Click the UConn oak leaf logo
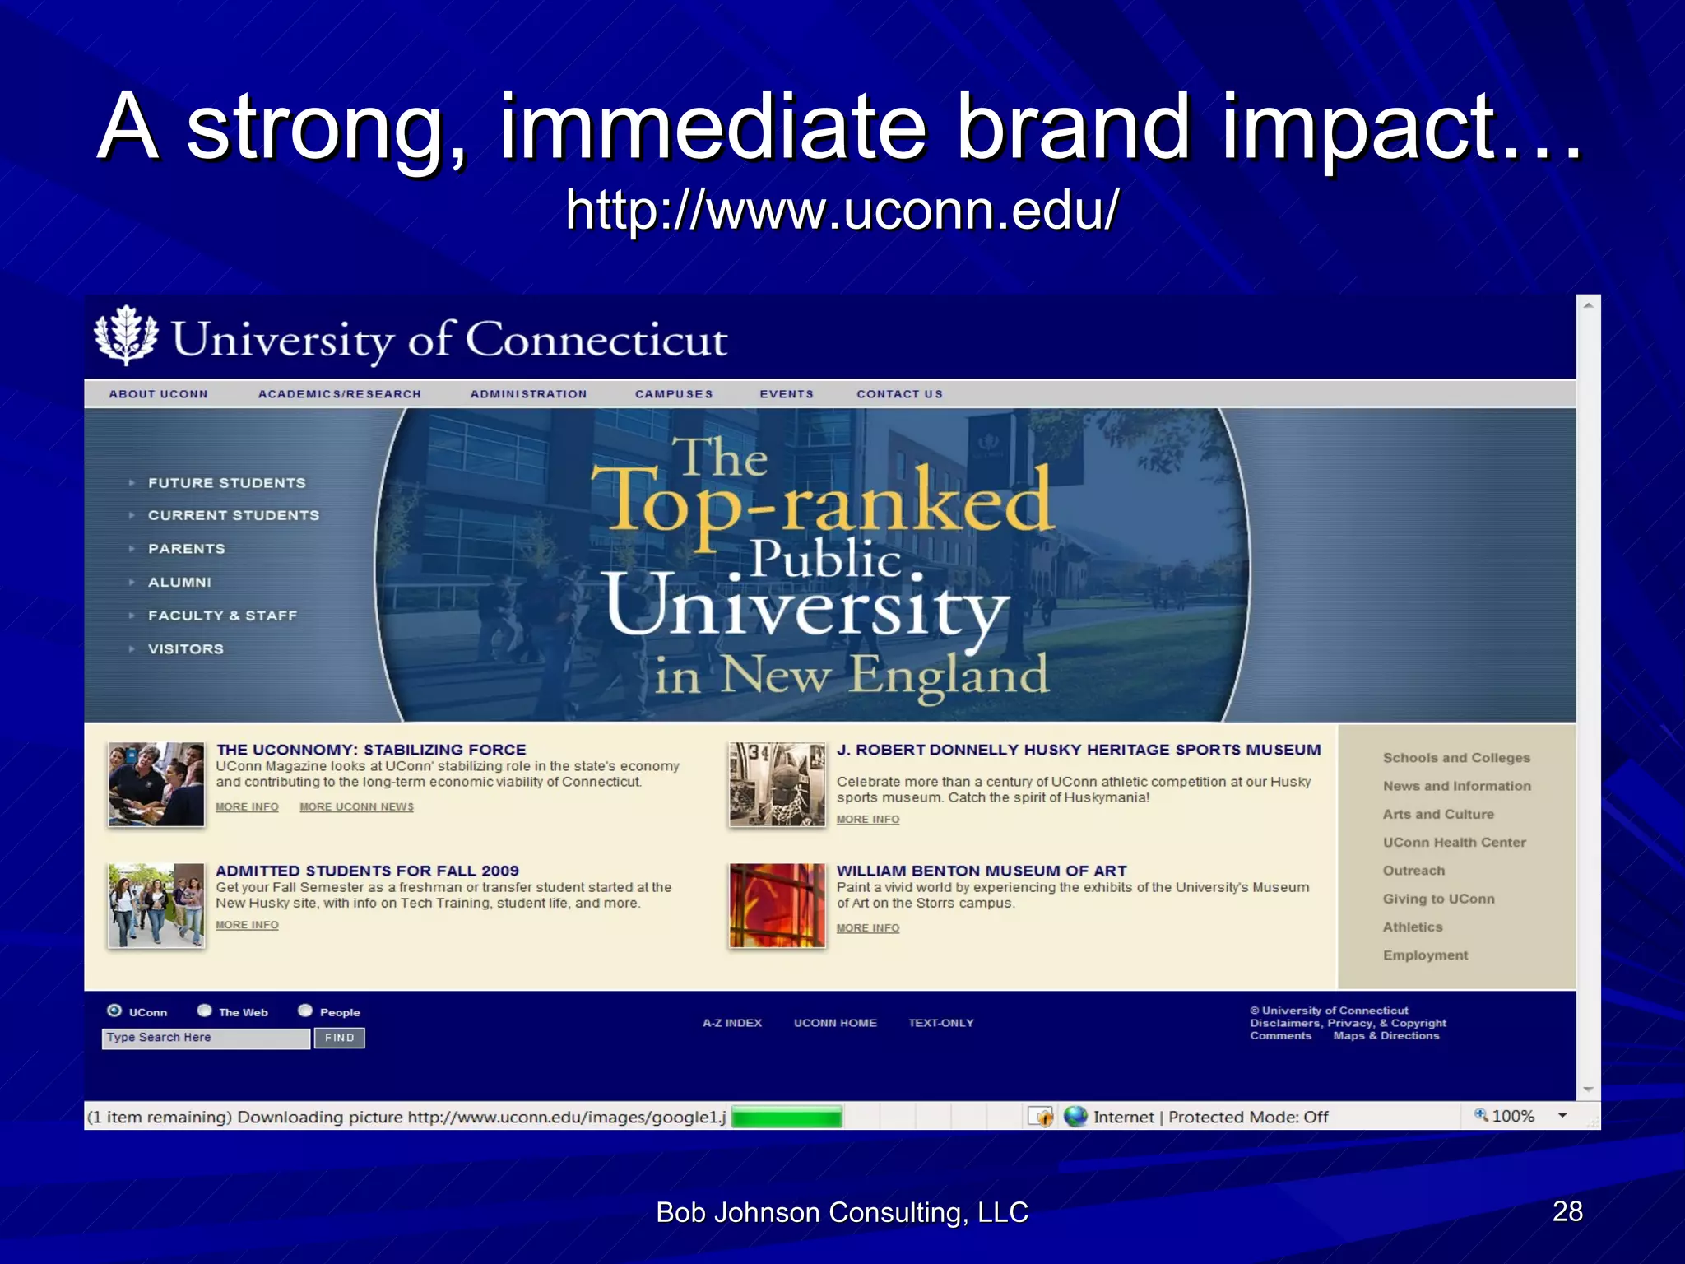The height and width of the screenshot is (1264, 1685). click(125, 336)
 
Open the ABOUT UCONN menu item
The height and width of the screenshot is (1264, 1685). click(158, 394)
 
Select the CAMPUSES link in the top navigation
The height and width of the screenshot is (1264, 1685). click(674, 394)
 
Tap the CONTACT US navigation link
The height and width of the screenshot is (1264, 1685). click(899, 394)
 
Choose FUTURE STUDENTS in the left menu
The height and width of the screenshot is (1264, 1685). click(226, 483)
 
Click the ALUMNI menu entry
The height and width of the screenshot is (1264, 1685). click(179, 583)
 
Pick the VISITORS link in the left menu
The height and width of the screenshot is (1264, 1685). click(185, 649)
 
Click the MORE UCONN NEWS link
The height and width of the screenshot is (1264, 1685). click(356, 807)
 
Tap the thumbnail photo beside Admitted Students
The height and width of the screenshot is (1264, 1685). click(156, 905)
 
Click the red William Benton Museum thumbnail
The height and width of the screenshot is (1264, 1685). click(777, 905)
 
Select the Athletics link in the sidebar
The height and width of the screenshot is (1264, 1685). click(1412, 927)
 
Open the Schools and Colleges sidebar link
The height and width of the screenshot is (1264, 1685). click(1456, 758)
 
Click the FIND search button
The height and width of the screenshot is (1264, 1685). click(339, 1039)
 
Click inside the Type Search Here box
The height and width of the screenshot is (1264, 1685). click(206, 1039)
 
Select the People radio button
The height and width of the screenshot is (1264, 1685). click(305, 1011)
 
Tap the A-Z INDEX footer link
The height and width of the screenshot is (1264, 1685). click(731, 1023)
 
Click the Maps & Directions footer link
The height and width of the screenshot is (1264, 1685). click(1386, 1036)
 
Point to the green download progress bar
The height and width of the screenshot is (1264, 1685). click(787, 1117)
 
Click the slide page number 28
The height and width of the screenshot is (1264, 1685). click(1567, 1211)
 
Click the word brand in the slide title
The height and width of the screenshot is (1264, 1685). click(1074, 128)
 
